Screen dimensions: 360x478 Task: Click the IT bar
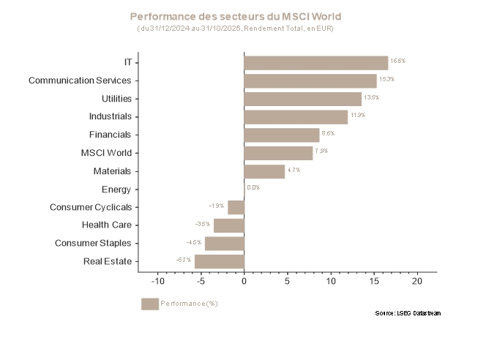pyautogui.click(x=315, y=63)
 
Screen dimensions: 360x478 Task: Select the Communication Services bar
pyautogui.click(x=310, y=81)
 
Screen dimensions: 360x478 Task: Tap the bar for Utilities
pyautogui.click(x=302, y=99)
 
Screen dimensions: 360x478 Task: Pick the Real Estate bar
pyautogui.click(x=219, y=261)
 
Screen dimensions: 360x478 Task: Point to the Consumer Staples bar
pyautogui.click(x=224, y=244)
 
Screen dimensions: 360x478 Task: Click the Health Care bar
pyautogui.click(x=228, y=225)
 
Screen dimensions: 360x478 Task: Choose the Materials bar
pyautogui.click(x=264, y=171)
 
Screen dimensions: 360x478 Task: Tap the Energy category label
pyautogui.click(x=116, y=190)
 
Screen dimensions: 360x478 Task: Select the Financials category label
pyautogui.click(x=110, y=135)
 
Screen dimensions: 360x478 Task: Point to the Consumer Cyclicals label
pyautogui.click(x=91, y=207)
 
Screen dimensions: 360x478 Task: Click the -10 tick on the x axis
pyautogui.click(x=157, y=282)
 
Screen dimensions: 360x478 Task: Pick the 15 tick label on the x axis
pyautogui.click(x=374, y=282)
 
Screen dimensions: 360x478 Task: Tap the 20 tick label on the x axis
pyautogui.click(x=417, y=282)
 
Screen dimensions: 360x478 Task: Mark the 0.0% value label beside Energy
pyautogui.click(x=253, y=187)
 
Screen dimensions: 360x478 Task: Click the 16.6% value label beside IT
pyautogui.click(x=397, y=61)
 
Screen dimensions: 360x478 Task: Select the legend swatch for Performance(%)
pyautogui.click(x=149, y=304)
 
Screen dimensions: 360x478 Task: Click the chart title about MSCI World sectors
pyautogui.click(x=235, y=16)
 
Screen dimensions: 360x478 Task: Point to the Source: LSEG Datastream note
pyautogui.click(x=408, y=313)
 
